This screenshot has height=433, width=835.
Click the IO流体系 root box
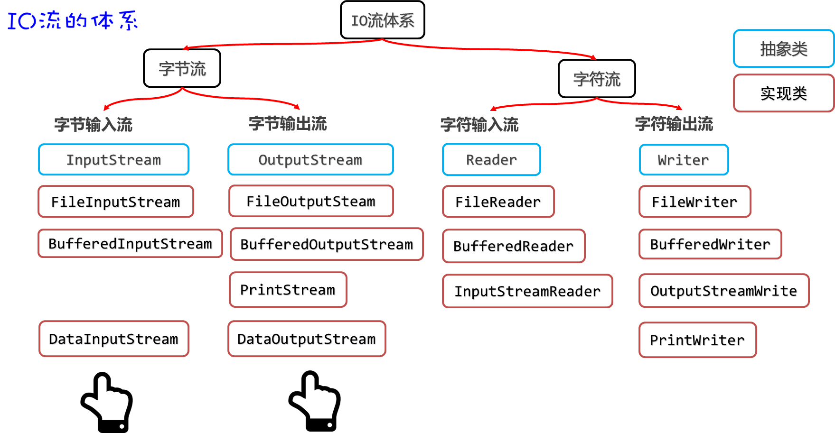pyautogui.click(x=382, y=20)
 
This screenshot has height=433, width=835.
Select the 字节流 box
pyautogui.click(x=182, y=68)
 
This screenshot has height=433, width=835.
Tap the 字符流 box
pyautogui.click(x=597, y=79)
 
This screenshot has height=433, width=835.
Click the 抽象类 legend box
pyautogui.click(x=783, y=48)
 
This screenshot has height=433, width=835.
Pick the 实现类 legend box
pyautogui.click(x=783, y=93)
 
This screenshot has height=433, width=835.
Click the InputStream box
pyautogui.click(x=113, y=159)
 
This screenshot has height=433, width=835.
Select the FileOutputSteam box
pyautogui.click(x=311, y=201)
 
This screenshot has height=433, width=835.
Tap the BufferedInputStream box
pyautogui.click(x=130, y=243)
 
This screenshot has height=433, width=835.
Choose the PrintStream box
pyautogui.click(x=288, y=289)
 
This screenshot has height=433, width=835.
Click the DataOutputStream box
pyautogui.click(x=307, y=339)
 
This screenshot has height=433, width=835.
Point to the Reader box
pyautogui.click(x=491, y=159)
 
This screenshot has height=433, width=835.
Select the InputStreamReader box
pyautogui.click(x=527, y=291)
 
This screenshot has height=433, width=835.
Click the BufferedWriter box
pyautogui.click(x=710, y=244)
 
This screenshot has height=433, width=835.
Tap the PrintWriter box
pyautogui.click(x=697, y=340)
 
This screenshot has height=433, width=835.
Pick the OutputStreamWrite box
pyautogui.click(x=723, y=290)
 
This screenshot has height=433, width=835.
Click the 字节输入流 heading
pyautogui.click(x=93, y=124)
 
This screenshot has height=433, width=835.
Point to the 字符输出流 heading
pyautogui.click(x=674, y=124)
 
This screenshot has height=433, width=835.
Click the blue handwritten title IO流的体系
pyautogui.click(x=72, y=20)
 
